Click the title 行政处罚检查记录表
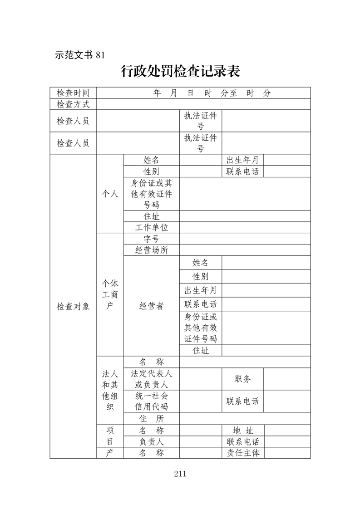tap(180, 71)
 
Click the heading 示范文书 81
tap(79, 55)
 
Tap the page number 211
tap(180, 474)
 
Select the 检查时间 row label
tap(73, 93)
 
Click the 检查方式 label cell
tap(73, 104)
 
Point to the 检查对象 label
tap(73, 306)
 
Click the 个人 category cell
tap(110, 194)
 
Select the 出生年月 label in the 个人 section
tap(242, 160)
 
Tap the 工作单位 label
tap(151, 227)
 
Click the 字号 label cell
tap(151, 239)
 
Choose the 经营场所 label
tap(151, 250)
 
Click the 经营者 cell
tap(151, 306)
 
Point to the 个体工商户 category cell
tap(110, 294)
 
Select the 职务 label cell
tap(242, 379)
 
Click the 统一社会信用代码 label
tap(151, 401)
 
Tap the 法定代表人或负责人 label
tap(151, 379)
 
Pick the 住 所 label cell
tap(151, 418)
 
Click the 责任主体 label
tap(242, 453)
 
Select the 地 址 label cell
tap(242, 431)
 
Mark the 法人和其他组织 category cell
tap(110, 391)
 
